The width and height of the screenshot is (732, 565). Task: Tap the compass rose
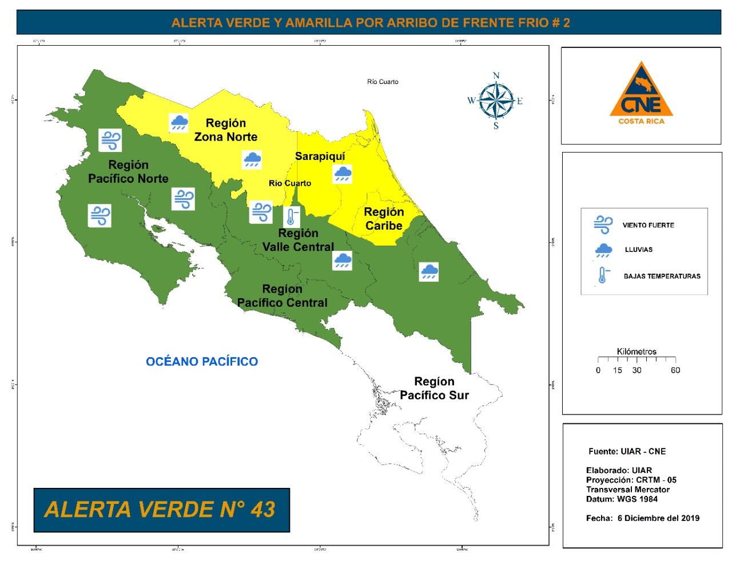pos(496,101)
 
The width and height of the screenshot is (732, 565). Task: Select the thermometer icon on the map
pos(292,217)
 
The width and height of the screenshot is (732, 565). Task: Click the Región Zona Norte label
pos(226,130)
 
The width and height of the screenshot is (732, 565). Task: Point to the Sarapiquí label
pos(320,156)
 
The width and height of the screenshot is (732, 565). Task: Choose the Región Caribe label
pos(384,219)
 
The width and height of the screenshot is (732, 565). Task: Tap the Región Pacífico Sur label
pos(434,388)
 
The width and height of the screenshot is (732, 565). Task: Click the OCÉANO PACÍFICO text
pos(201,361)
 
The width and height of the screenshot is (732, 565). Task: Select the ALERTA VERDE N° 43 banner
pos(161,510)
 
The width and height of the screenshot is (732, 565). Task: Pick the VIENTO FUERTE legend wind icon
pos(602,225)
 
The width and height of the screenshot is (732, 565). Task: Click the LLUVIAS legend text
pos(638,250)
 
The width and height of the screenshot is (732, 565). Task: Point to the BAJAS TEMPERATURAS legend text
pos(662,276)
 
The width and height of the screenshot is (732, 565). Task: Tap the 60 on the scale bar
pos(675,370)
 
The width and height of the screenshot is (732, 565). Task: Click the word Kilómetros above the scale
pos(636,351)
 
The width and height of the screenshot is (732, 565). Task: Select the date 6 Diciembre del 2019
pos(658,518)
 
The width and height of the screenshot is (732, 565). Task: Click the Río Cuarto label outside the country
pos(383,82)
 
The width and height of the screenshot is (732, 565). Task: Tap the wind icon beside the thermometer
pos(261,212)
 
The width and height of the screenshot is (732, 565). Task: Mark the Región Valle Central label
pos(297,240)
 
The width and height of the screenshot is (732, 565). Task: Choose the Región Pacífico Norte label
pos(128,171)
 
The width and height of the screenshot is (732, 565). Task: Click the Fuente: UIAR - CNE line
pos(627,451)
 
